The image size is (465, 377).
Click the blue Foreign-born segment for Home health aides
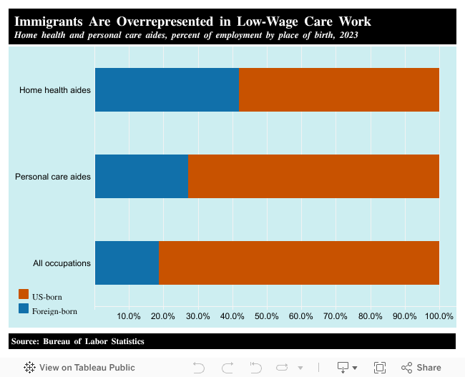point(167,90)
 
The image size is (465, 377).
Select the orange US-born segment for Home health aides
point(338,90)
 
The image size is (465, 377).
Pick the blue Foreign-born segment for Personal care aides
point(142,176)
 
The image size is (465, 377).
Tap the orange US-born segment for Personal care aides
point(313,176)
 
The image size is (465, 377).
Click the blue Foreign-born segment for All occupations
point(127,263)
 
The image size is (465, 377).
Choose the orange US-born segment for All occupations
point(298,263)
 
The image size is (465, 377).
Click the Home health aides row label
point(55,90)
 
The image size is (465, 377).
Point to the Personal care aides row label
point(53,176)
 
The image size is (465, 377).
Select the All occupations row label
point(62,263)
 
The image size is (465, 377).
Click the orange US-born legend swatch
point(24,295)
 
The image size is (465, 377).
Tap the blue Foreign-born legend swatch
point(24,309)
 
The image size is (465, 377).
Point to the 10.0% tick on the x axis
point(129,316)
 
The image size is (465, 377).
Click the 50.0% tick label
point(266,316)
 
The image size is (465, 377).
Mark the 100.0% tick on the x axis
point(439,316)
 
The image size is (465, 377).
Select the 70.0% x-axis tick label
point(336,316)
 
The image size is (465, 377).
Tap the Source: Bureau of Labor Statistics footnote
point(78,341)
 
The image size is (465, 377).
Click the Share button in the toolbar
point(421,368)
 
